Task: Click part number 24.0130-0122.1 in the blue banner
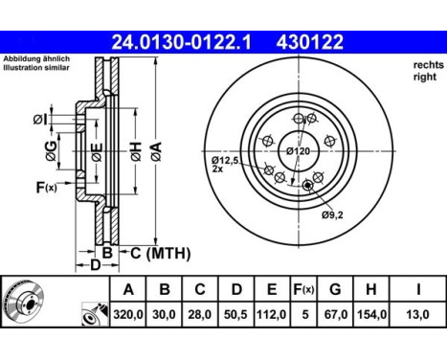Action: point(181,42)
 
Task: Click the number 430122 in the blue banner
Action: point(310,42)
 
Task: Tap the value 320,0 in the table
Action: point(128,315)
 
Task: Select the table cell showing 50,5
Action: point(236,315)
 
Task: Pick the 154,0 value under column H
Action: point(371,315)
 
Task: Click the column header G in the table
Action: point(335,289)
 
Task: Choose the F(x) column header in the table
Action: point(304,290)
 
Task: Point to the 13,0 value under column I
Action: point(418,315)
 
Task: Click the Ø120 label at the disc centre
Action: point(298,150)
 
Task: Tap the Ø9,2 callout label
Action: point(332,215)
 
